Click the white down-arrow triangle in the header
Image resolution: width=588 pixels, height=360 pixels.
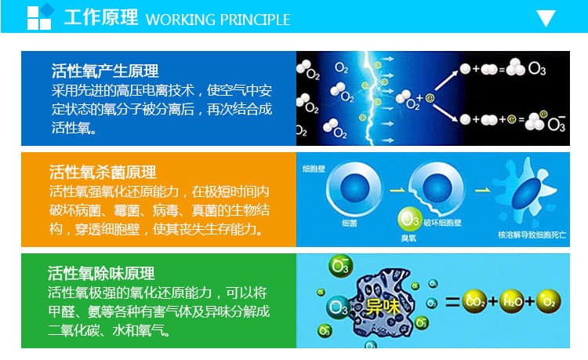(x=546, y=18)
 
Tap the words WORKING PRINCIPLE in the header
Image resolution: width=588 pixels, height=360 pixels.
(x=218, y=19)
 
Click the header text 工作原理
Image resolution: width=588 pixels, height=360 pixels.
(x=100, y=18)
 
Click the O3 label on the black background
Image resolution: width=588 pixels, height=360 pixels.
(x=537, y=69)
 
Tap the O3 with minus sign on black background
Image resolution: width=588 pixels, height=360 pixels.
(x=555, y=122)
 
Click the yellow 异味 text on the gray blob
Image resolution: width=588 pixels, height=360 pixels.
(x=383, y=304)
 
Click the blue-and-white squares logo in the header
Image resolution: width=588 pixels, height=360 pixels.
(x=41, y=17)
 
